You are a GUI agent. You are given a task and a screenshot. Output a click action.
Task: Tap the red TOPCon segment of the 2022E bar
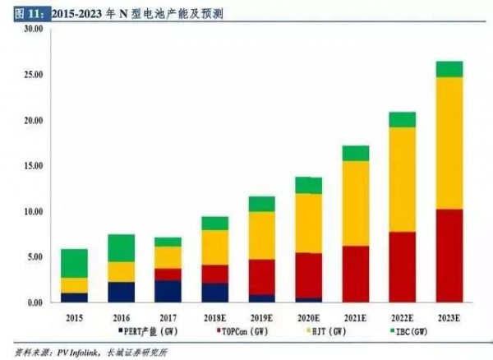coord(402,267)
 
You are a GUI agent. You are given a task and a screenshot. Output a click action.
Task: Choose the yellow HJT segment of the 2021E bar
coord(355,203)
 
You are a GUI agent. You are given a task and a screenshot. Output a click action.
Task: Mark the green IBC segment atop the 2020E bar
coord(308,186)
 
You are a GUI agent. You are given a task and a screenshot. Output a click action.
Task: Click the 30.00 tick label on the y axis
coord(32,30)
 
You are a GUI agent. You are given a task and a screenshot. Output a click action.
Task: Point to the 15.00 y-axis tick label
coord(32,167)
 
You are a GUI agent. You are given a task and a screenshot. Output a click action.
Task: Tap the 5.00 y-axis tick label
coord(35,258)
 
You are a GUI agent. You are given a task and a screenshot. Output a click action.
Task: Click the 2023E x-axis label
coord(449,316)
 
